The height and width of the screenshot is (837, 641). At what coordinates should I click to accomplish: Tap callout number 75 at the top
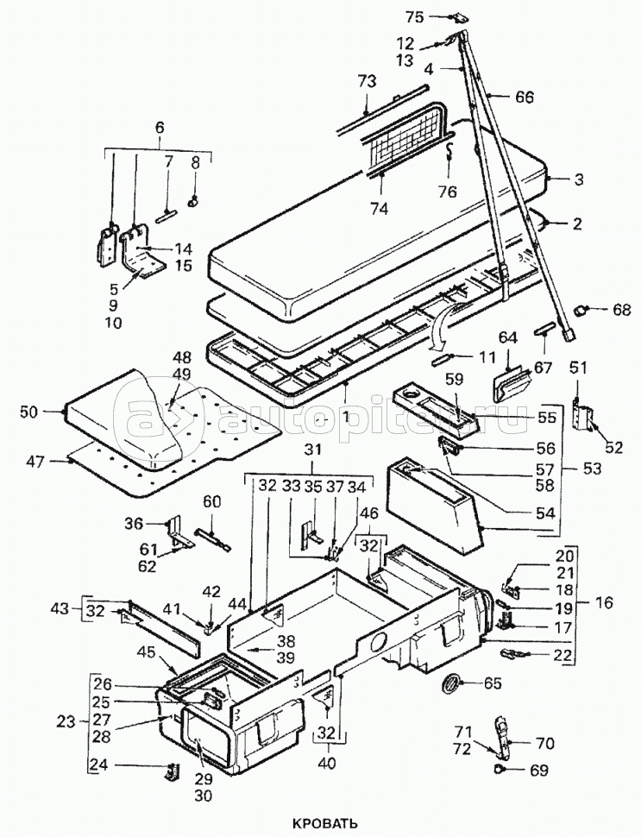click(414, 17)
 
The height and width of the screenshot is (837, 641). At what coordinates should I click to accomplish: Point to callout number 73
click(367, 81)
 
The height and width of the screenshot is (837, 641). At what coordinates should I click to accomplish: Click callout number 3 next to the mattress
click(579, 179)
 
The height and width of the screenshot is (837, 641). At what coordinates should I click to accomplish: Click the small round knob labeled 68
click(580, 309)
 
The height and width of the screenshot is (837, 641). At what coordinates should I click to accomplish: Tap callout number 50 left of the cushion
click(31, 412)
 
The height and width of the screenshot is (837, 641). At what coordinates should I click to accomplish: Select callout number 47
click(36, 461)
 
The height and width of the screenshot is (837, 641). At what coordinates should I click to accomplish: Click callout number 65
click(492, 683)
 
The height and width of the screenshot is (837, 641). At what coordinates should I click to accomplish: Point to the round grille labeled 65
click(451, 683)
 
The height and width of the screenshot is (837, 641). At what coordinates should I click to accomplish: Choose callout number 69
click(538, 771)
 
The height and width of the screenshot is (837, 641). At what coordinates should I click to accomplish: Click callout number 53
click(591, 469)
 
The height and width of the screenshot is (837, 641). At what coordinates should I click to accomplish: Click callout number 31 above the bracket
click(313, 450)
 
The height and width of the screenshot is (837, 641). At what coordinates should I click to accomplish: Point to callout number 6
click(160, 127)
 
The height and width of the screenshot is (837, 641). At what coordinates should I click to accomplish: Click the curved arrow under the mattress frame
click(443, 324)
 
